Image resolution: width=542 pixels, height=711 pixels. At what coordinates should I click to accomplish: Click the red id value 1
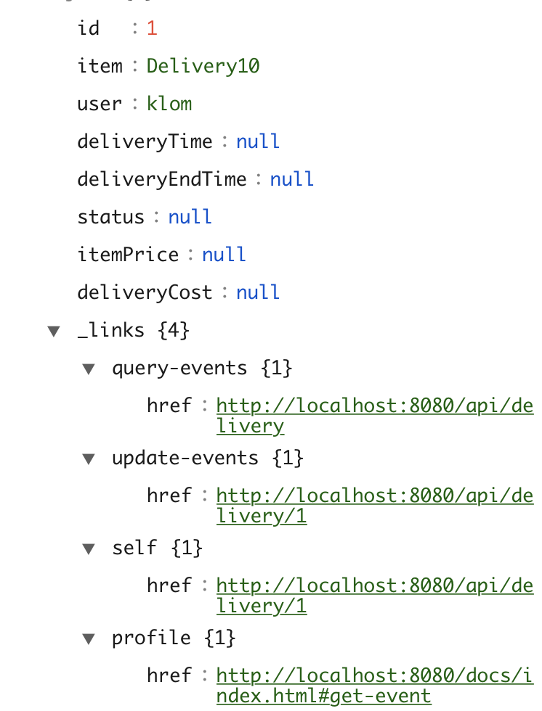pos(152,28)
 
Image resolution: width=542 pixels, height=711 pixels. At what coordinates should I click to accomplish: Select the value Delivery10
pos(203,66)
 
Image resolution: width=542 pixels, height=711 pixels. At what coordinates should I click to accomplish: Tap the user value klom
pos(169,104)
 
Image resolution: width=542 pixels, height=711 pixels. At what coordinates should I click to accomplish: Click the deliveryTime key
pos(145,141)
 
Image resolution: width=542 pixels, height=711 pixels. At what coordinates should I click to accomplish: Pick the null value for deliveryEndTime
pos(291,179)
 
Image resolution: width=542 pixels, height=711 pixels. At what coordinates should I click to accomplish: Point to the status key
pos(110,217)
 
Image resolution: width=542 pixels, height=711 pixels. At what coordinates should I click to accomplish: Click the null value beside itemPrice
pos(224,255)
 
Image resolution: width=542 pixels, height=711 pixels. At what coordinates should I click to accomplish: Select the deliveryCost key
pos(145,292)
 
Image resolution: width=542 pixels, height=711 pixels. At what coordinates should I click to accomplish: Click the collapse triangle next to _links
pos(53,331)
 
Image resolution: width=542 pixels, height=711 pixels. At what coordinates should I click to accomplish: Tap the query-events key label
pos(179,368)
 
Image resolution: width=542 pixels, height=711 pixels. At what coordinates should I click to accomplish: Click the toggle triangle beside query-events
pos(88,369)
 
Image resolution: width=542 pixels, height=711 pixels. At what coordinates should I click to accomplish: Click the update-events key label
pos(185,458)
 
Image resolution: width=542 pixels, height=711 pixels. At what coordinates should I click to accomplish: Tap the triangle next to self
pos(88,548)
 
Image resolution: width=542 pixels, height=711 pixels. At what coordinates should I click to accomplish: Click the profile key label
pos(151,638)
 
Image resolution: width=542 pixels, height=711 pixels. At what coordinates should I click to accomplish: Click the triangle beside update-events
pos(88,459)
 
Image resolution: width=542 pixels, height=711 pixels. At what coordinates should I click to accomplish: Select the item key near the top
pos(100,66)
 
